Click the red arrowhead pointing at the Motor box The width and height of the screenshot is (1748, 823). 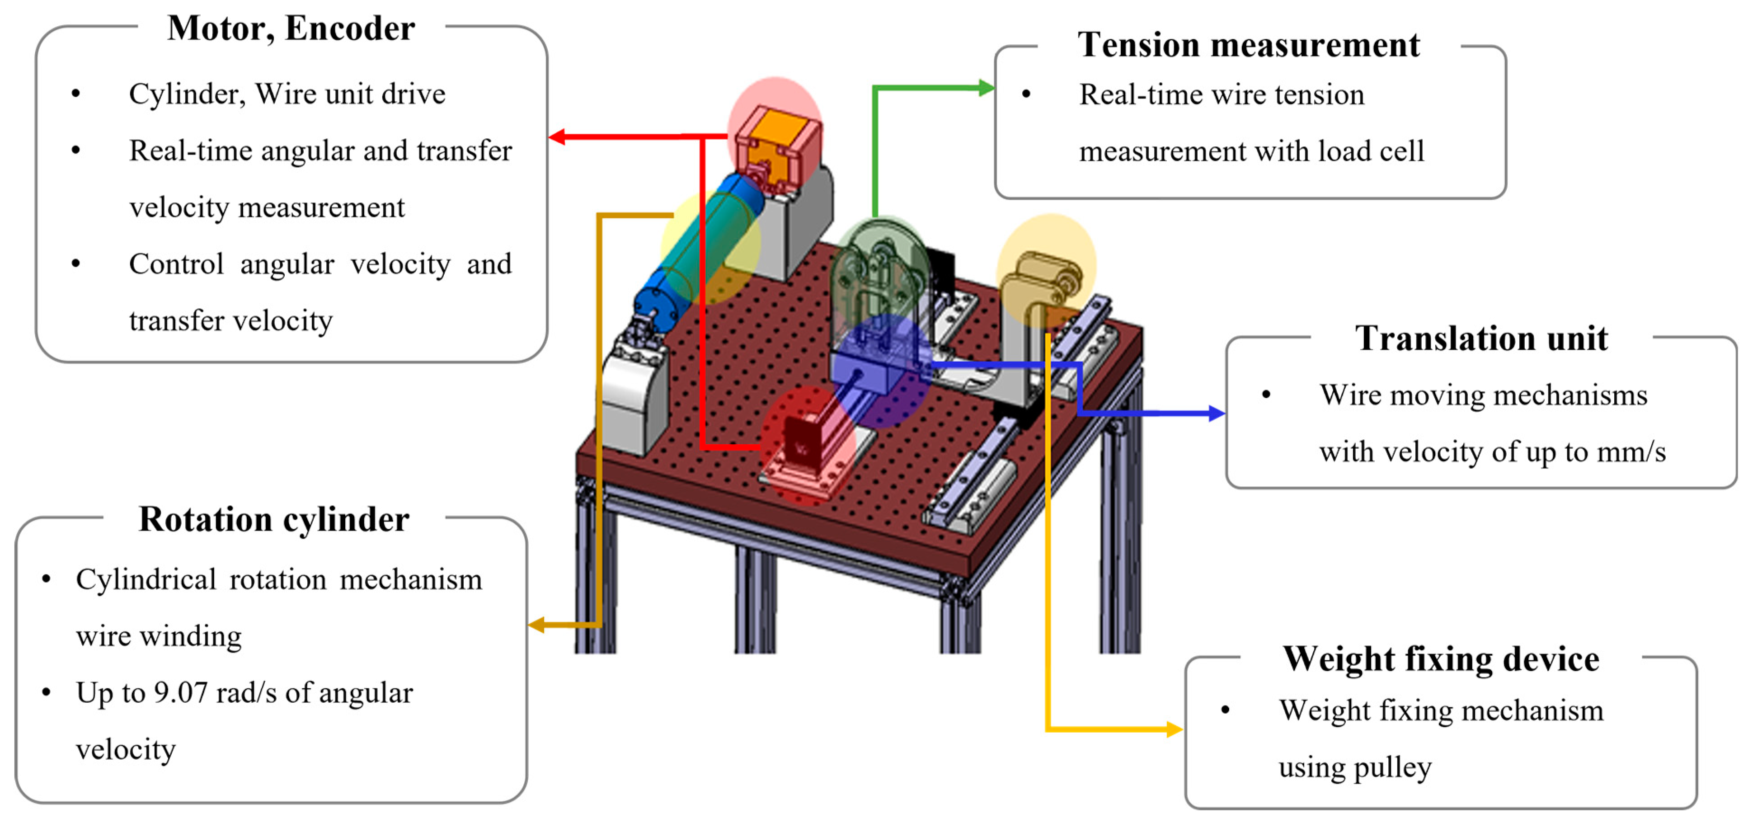[556, 137]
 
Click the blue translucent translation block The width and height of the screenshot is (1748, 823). [875, 363]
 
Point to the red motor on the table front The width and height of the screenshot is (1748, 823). [804, 444]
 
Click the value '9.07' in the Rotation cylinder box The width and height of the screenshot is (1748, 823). [180, 693]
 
